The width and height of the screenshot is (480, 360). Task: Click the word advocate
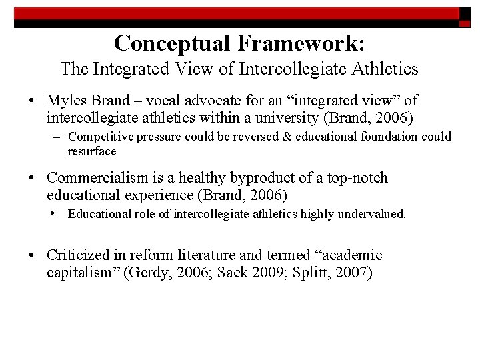(x=225, y=101)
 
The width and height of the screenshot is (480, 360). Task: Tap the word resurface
(x=92, y=151)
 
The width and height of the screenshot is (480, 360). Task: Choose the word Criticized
(x=77, y=255)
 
